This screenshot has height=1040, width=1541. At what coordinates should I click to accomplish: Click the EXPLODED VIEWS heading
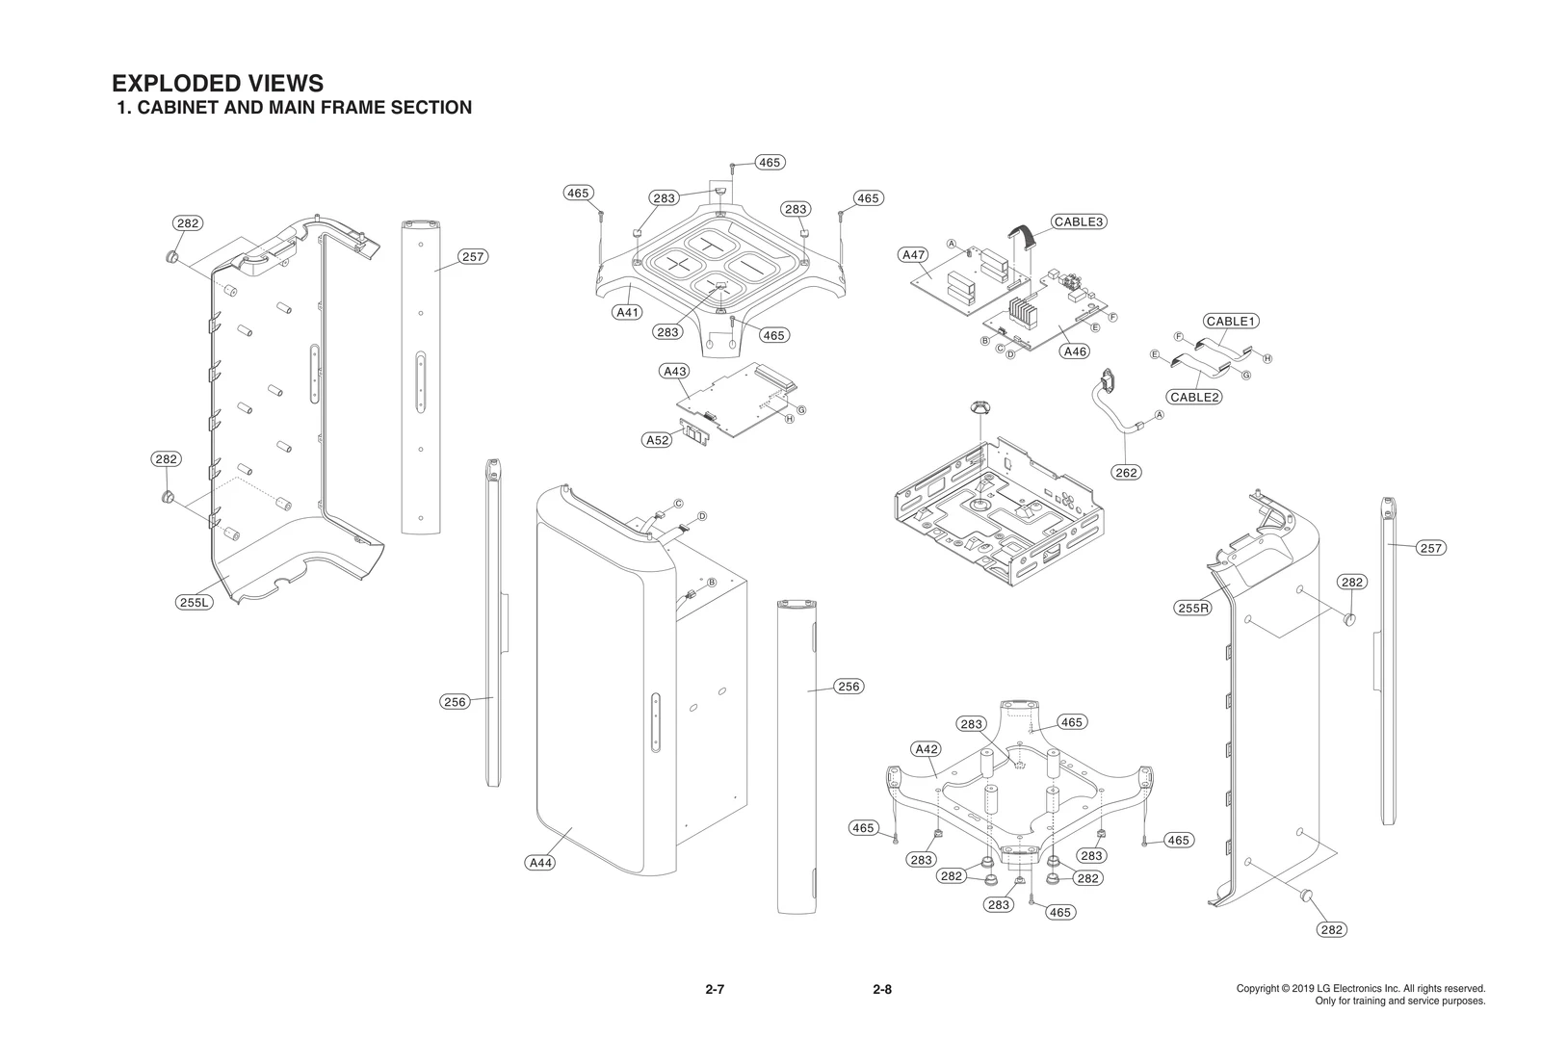[218, 84]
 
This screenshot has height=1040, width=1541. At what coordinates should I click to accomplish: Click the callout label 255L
[194, 603]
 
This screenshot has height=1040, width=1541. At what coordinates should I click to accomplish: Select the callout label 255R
[1192, 608]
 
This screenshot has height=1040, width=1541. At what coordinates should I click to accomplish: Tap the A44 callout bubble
[540, 863]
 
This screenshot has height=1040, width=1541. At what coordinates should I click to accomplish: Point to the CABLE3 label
[1078, 221]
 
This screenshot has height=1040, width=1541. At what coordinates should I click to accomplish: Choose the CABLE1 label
[1231, 321]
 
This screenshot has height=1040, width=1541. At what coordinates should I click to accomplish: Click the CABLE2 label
[1194, 397]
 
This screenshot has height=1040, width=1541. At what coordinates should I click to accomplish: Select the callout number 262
[1126, 472]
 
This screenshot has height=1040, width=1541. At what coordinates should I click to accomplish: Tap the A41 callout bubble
[627, 312]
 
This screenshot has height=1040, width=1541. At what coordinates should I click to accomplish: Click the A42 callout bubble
[926, 748]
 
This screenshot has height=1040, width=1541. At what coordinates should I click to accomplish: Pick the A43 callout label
[674, 371]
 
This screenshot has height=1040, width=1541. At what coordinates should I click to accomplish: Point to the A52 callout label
[657, 440]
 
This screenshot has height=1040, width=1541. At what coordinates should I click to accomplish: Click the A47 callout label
[912, 255]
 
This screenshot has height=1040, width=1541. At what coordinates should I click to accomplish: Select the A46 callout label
[1075, 351]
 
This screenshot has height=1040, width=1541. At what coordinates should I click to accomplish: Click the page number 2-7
[714, 989]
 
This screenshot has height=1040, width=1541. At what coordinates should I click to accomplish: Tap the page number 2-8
[881, 989]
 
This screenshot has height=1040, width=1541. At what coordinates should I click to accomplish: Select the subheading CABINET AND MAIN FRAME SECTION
[303, 108]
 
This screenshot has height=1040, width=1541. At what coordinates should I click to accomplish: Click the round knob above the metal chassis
[980, 407]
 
